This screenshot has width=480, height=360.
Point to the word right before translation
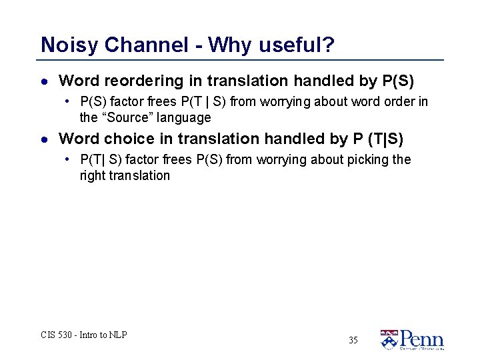click(x=93, y=176)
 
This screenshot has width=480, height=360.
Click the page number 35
click(x=353, y=341)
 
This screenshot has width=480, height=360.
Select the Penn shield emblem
click(x=389, y=340)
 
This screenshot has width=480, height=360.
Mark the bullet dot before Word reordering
click(x=44, y=82)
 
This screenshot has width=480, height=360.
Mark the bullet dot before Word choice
click(x=44, y=140)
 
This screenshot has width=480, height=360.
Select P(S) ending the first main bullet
click(x=399, y=81)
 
